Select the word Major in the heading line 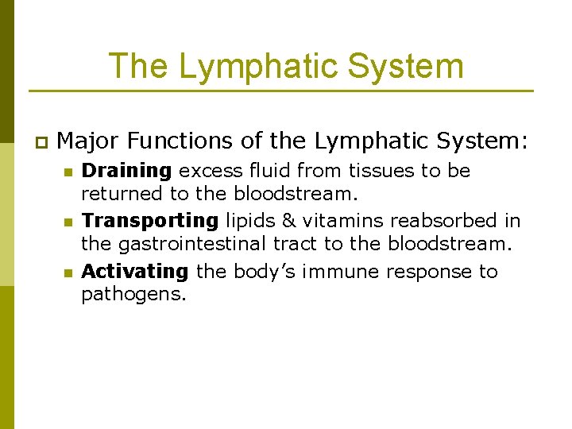coord(89,141)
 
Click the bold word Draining coord(126,171)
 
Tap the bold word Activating coord(135,272)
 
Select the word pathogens coord(133,295)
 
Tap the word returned coord(121,193)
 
